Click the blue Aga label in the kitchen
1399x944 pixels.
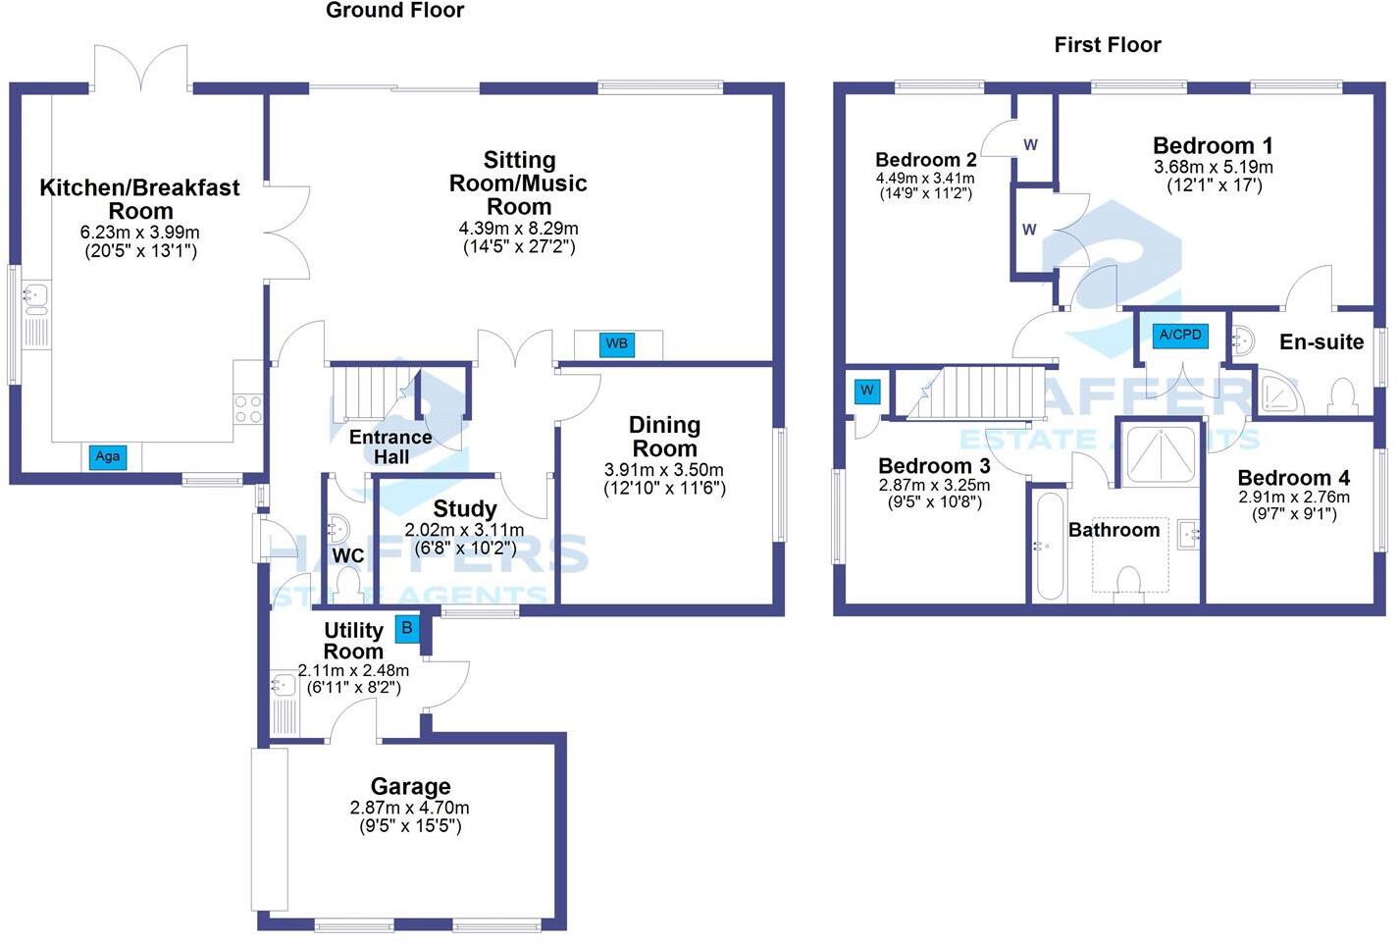pyautogui.click(x=107, y=456)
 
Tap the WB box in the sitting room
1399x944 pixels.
pyautogui.click(x=616, y=343)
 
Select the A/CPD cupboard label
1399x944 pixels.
pyautogui.click(x=1179, y=335)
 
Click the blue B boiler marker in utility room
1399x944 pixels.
pyautogui.click(x=406, y=628)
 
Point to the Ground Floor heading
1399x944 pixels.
pyautogui.click(x=394, y=11)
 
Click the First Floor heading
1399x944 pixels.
pyautogui.click(x=1107, y=45)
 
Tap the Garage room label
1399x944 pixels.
pyautogui.click(x=410, y=786)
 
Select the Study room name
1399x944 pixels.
pyautogui.click(x=464, y=508)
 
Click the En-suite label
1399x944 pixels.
pyautogui.click(x=1321, y=341)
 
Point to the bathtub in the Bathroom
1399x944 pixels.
pyautogui.click(x=1050, y=546)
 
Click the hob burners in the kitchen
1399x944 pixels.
pyautogui.click(x=248, y=408)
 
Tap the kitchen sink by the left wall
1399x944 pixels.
pyautogui.click(x=35, y=294)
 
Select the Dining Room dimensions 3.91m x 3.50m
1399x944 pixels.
pyautogui.click(x=664, y=470)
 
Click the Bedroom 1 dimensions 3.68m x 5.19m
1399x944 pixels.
pyautogui.click(x=1213, y=168)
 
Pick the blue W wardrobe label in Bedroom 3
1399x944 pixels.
pyautogui.click(x=867, y=391)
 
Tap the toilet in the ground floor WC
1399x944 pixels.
pyautogui.click(x=347, y=586)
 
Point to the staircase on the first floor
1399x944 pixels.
pyautogui.click(x=977, y=392)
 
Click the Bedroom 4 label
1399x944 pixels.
pyautogui.click(x=1293, y=478)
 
